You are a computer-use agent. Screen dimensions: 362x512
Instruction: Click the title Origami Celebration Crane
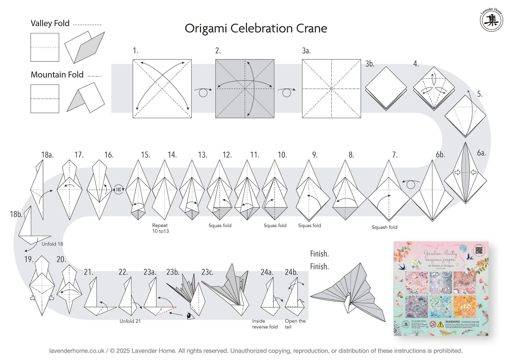point(256,28)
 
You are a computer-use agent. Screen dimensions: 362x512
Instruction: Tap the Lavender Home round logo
point(491,20)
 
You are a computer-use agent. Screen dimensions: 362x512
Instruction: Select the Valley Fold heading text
point(50,23)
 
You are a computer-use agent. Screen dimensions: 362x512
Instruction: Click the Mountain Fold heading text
point(57,75)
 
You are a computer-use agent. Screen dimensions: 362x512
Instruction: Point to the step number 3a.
point(306,51)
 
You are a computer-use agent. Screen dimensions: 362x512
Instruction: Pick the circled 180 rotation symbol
point(118,189)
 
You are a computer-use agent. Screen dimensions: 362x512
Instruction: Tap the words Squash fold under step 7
point(385,227)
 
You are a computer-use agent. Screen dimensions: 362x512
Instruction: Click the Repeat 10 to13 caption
point(160,228)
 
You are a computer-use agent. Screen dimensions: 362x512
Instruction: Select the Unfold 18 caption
point(52,244)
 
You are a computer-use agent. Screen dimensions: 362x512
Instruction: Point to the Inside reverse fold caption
point(265,324)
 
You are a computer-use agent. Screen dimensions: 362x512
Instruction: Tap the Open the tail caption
point(295,324)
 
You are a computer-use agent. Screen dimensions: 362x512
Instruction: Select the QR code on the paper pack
point(479,250)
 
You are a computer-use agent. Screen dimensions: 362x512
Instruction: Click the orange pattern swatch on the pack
point(465,307)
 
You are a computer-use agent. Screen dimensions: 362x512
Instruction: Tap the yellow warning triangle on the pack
point(440,324)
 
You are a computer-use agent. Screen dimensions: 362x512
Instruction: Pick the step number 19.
point(29,259)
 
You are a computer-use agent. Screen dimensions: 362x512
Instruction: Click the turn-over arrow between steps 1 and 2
point(203,92)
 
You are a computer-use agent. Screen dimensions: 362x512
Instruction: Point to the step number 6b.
point(440,155)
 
